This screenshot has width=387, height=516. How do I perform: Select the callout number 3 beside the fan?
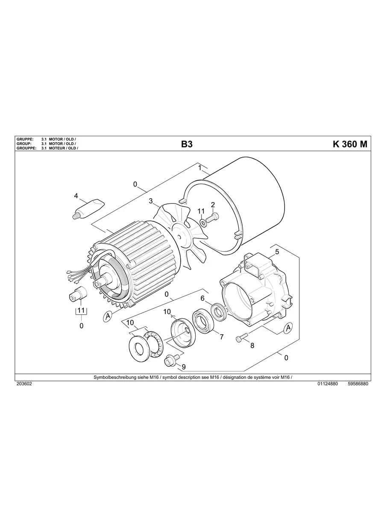pyautogui.click(x=151, y=200)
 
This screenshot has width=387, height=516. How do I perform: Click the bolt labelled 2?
pyautogui.click(x=212, y=219)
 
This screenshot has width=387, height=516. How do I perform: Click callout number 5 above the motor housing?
pyautogui.click(x=277, y=252)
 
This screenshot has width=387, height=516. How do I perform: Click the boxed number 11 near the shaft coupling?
pyautogui.click(x=81, y=311)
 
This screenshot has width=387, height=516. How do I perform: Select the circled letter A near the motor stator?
pyautogui.click(x=108, y=317)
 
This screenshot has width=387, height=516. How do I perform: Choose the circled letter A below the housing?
pyautogui.click(x=288, y=328)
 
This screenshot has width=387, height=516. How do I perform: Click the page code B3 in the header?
pyautogui.click(x=187, y=144)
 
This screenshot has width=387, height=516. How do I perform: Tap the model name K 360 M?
pyautogui.click(x=349, y=144)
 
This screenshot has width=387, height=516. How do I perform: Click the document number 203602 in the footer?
pyautogui.click(x=24, y=384)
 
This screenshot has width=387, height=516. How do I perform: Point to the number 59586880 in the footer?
pyautogui.click(x=358, y=384)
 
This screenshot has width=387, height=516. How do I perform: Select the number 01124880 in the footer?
pyautogui.click(x=328, y=384)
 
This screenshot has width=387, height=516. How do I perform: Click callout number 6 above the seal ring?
pyautogui.click(x=202, y=298)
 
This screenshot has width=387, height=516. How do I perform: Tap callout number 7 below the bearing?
pyautogui.click(x=221, y=337)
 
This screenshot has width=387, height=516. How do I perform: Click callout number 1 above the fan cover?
pyautogui.click(x=199, y=167)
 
